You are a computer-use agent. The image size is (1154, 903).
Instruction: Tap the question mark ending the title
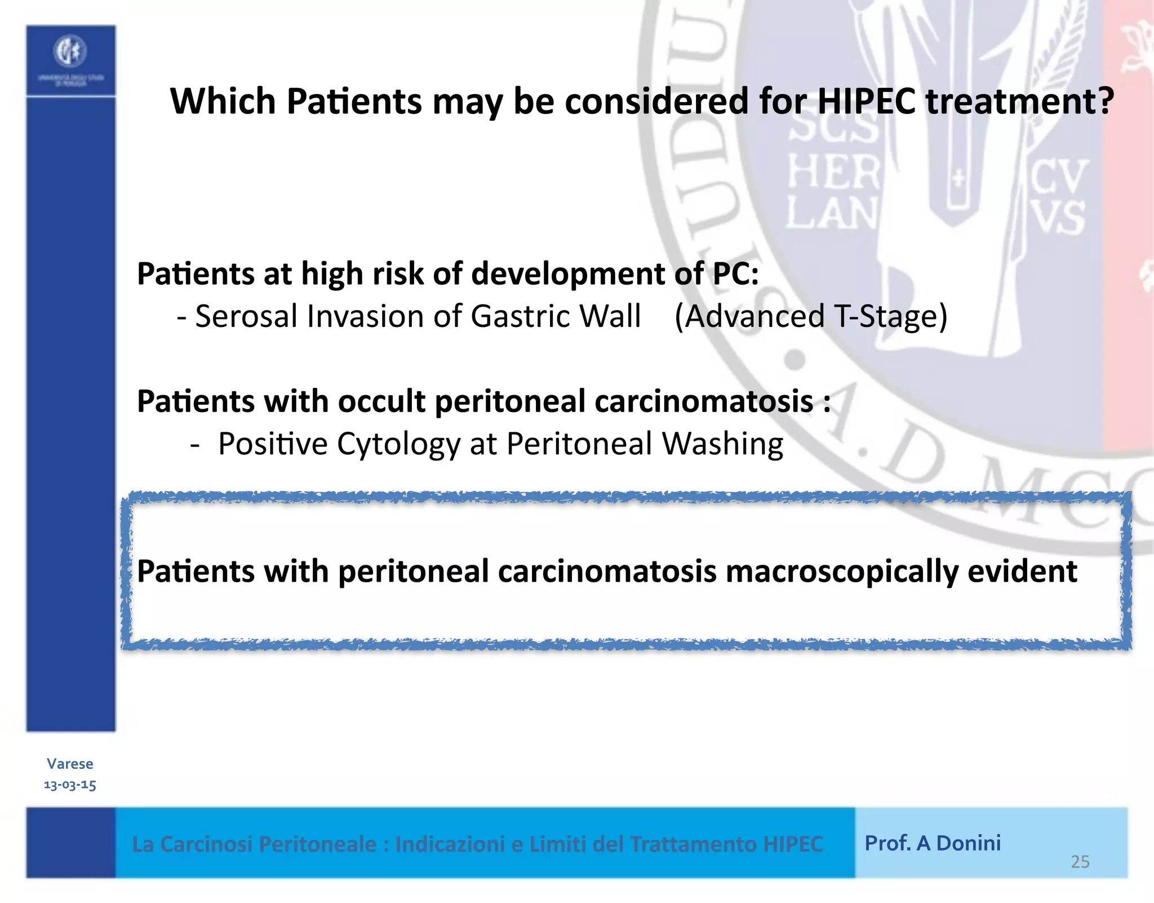coord(1105,101)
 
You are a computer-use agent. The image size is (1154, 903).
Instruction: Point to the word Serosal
coord(246,316)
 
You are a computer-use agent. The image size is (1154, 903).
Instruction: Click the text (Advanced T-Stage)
coord(811,316)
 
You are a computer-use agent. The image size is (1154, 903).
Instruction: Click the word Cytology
coord(399,444)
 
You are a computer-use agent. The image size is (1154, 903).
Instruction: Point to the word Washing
coord(722,444)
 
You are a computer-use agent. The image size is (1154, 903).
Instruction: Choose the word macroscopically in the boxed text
coord(842,572)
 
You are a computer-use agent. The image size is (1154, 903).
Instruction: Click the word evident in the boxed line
coord(1022,572)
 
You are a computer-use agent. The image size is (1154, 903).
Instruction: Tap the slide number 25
coord(1080,862)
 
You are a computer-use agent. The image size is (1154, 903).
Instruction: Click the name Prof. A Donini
coord(933,843)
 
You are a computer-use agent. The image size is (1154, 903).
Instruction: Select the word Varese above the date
coord(70,764)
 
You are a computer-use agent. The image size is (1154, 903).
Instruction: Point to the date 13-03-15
coord(70,785)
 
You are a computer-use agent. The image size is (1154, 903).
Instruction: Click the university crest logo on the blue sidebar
coord(70,52)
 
